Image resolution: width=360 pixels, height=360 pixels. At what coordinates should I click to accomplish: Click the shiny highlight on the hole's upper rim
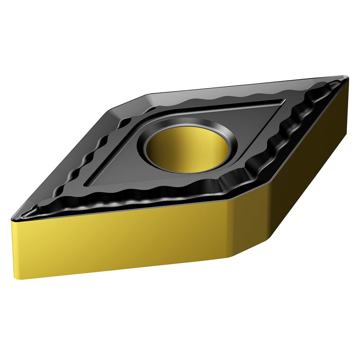(187, 122)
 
